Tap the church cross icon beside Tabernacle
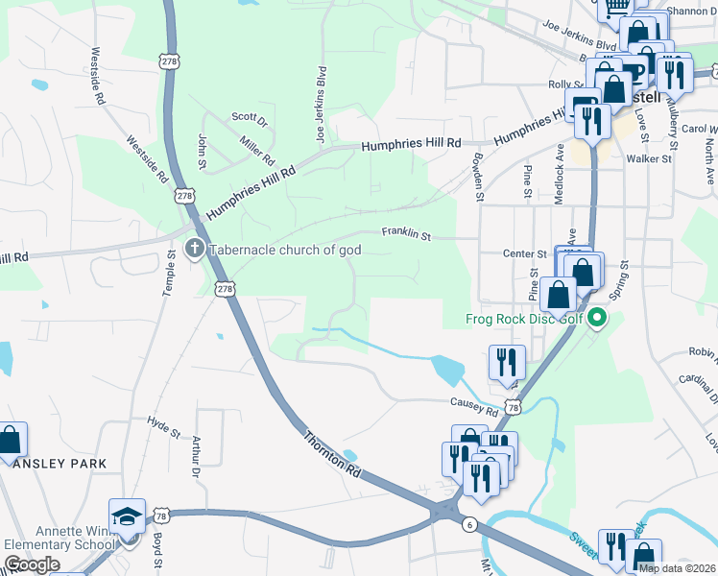click(194, 250)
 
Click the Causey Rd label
click(470, 406)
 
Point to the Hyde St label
click(164, 424)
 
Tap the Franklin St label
click(407, 232)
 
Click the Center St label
click(525, 253)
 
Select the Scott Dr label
click(249, 117)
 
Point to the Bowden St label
click(477, 177)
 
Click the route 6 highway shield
click(468, 523)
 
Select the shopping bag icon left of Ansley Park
click(10, 442)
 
